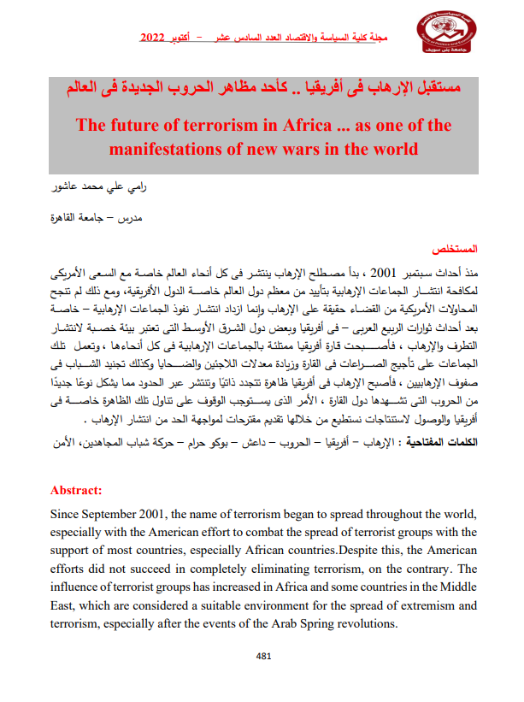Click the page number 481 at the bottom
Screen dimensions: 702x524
(x=263, y=657)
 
